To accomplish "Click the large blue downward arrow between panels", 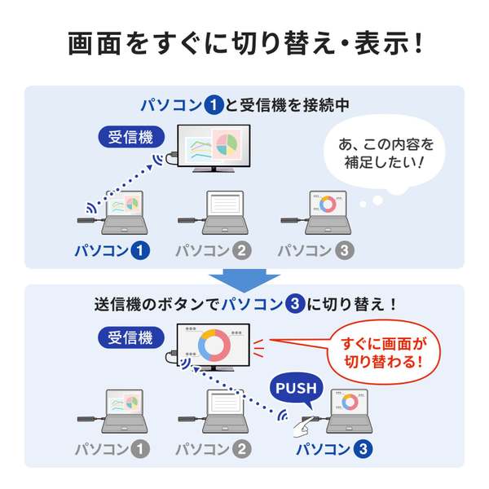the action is coord(244,280).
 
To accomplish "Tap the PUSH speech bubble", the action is coord(296,389).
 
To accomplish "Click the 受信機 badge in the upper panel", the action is coord(131,137).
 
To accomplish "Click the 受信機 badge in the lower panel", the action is coord(131,337).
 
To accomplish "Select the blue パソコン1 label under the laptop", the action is coord(112,251).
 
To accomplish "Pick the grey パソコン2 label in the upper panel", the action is coord(214,251).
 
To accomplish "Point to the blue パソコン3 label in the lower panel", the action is coord(334,449).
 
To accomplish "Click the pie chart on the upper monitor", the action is coord(227,144).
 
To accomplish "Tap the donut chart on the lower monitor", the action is coord(214,346).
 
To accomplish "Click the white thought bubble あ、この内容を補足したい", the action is coord(385,154).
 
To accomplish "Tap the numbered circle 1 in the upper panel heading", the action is coord(214,105).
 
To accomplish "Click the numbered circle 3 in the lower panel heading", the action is coord(295,304).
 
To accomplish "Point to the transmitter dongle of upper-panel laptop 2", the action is coord(187,221).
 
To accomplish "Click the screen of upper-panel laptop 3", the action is coord(328,204).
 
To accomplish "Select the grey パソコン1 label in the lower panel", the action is coord(112,449).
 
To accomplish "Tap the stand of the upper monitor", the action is coord(214,170).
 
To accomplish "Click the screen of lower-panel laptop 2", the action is coord(225,403).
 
